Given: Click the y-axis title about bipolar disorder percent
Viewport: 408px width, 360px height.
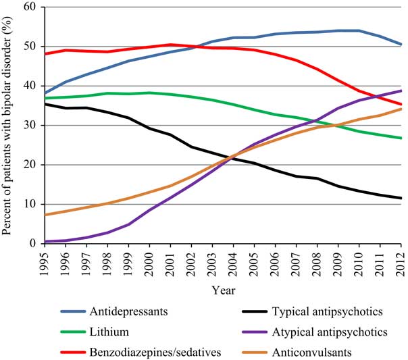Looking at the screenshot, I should point(9,126).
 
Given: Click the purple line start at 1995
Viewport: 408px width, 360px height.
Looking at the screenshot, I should point(45,241).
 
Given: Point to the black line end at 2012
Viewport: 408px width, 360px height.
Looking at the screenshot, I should point(401,198).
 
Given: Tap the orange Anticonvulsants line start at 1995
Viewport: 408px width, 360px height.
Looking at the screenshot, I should point(45,215).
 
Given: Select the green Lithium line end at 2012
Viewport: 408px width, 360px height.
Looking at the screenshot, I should point(401,138).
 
